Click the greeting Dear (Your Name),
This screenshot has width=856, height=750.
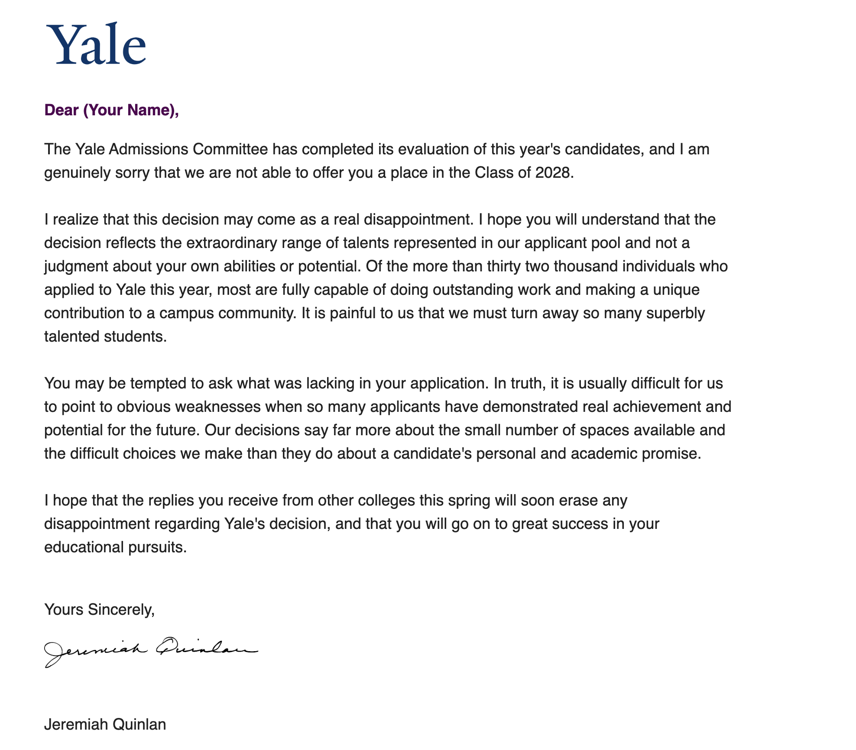pos(111,110)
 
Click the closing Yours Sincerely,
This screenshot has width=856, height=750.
pos(99,610)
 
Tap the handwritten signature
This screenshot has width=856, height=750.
pos(151,650)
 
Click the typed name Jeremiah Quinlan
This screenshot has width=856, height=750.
pos(105,724)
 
